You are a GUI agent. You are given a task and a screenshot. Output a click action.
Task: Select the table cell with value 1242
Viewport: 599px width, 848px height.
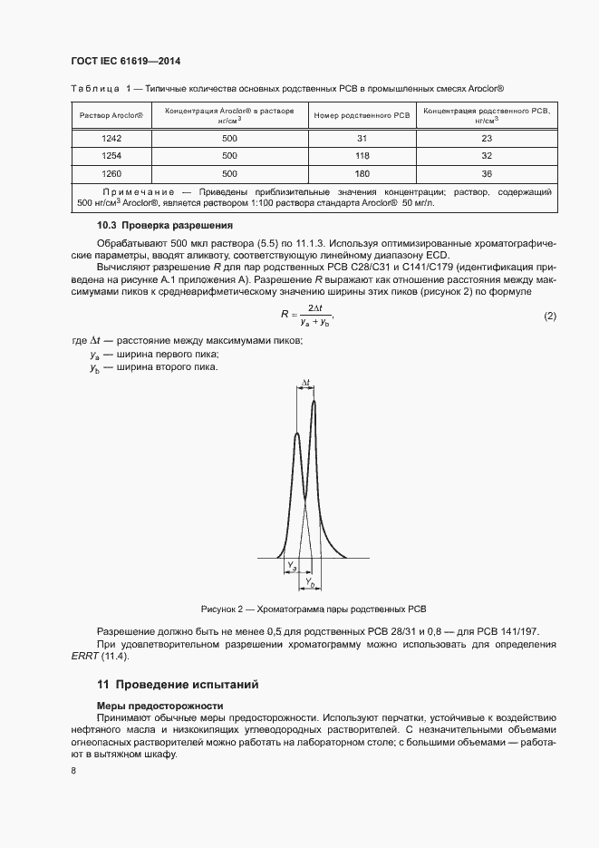point(111,139)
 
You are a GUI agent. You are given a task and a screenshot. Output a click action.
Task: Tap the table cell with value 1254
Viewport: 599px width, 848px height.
point(111,156)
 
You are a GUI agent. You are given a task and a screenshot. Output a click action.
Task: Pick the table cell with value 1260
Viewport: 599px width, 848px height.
point(111,173)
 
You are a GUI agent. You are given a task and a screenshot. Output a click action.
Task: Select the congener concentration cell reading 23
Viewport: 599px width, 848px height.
point(487,139)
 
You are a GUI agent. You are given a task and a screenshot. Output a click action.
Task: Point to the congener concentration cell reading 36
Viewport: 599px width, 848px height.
point(487,173)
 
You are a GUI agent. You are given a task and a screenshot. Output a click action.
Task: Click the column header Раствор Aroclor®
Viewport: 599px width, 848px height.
point(111,116)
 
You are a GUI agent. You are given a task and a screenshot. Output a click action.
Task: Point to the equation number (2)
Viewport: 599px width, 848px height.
point(549,316)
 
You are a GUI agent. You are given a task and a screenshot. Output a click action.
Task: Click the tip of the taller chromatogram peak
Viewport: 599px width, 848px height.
point(314,401)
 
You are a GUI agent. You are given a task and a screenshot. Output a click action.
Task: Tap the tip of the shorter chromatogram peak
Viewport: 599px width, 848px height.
point(297,434)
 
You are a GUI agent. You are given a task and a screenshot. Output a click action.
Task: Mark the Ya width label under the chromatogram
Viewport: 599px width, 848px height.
point(292,566)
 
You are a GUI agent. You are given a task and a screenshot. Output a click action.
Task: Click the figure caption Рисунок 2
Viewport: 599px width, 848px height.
point(313,608)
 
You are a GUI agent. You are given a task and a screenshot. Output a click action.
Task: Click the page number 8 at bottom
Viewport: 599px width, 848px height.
point(73,770)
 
